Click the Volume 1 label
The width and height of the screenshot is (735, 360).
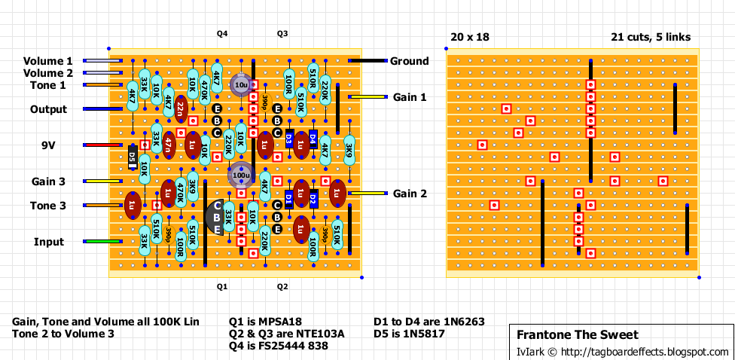click(48, 61)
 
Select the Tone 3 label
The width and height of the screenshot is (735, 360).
click(48, 206)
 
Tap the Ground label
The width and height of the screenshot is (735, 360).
click(409, 61)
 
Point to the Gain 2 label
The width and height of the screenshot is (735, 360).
click(410, 194)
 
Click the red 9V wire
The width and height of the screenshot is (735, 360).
click(96, 145)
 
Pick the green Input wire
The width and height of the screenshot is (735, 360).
click(96, 242)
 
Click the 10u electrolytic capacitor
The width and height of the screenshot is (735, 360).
click(241, 85)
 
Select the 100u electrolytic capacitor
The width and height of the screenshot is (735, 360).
click(241, 175)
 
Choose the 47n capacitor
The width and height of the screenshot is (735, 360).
click(169, 144)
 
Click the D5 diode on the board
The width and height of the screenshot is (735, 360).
click(132, 157)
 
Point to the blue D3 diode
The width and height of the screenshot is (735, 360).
click(289, 139)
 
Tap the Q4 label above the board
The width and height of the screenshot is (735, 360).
click(222, 34)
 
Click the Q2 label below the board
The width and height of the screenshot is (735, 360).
click(282, 286)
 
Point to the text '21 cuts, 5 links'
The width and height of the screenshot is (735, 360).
click(651, 37)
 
